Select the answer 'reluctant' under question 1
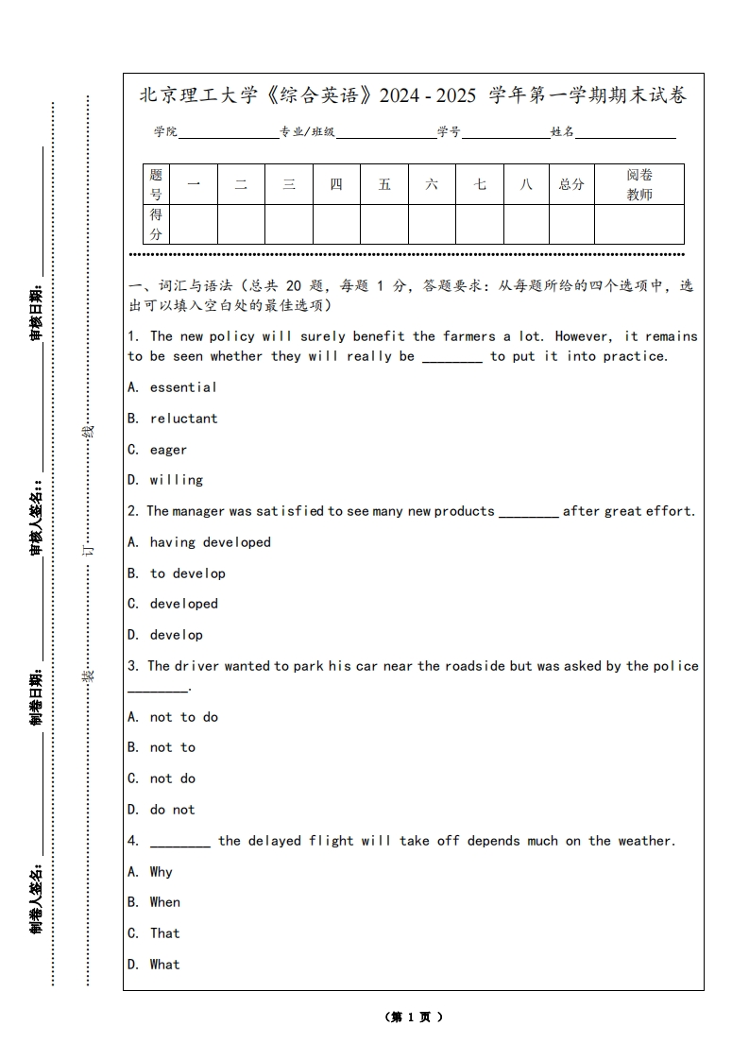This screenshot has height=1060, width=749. coord(183,419)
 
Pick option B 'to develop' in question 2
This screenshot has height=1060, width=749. coord(187,573)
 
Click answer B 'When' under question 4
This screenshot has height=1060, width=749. coord(164,902)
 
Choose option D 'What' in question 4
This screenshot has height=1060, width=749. coord(164,965)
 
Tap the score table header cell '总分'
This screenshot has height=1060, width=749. coord(571,184)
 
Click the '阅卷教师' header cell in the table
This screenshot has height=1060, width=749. coord(639,184)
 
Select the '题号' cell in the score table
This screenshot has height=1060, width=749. coord(156,184)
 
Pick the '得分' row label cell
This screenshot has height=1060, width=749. coord(156,224)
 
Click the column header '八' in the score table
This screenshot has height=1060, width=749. coord(526,184)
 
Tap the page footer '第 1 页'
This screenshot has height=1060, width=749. coord(414,1017)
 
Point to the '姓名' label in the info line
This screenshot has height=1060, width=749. coord(563,132)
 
